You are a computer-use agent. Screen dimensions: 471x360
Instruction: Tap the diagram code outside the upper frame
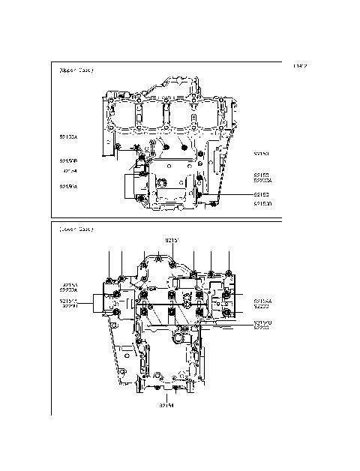299,67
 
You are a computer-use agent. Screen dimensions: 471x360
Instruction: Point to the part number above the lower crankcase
171,240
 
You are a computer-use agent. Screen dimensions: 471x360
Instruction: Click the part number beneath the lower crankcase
166,406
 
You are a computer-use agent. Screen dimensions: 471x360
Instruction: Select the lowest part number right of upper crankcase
262,203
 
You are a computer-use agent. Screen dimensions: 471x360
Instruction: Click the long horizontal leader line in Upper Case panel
225,193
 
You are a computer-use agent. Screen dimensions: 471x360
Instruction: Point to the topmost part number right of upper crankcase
262,154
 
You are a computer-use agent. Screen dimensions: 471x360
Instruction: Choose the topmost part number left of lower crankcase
68,285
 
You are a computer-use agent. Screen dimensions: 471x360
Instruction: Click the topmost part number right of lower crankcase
262,300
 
